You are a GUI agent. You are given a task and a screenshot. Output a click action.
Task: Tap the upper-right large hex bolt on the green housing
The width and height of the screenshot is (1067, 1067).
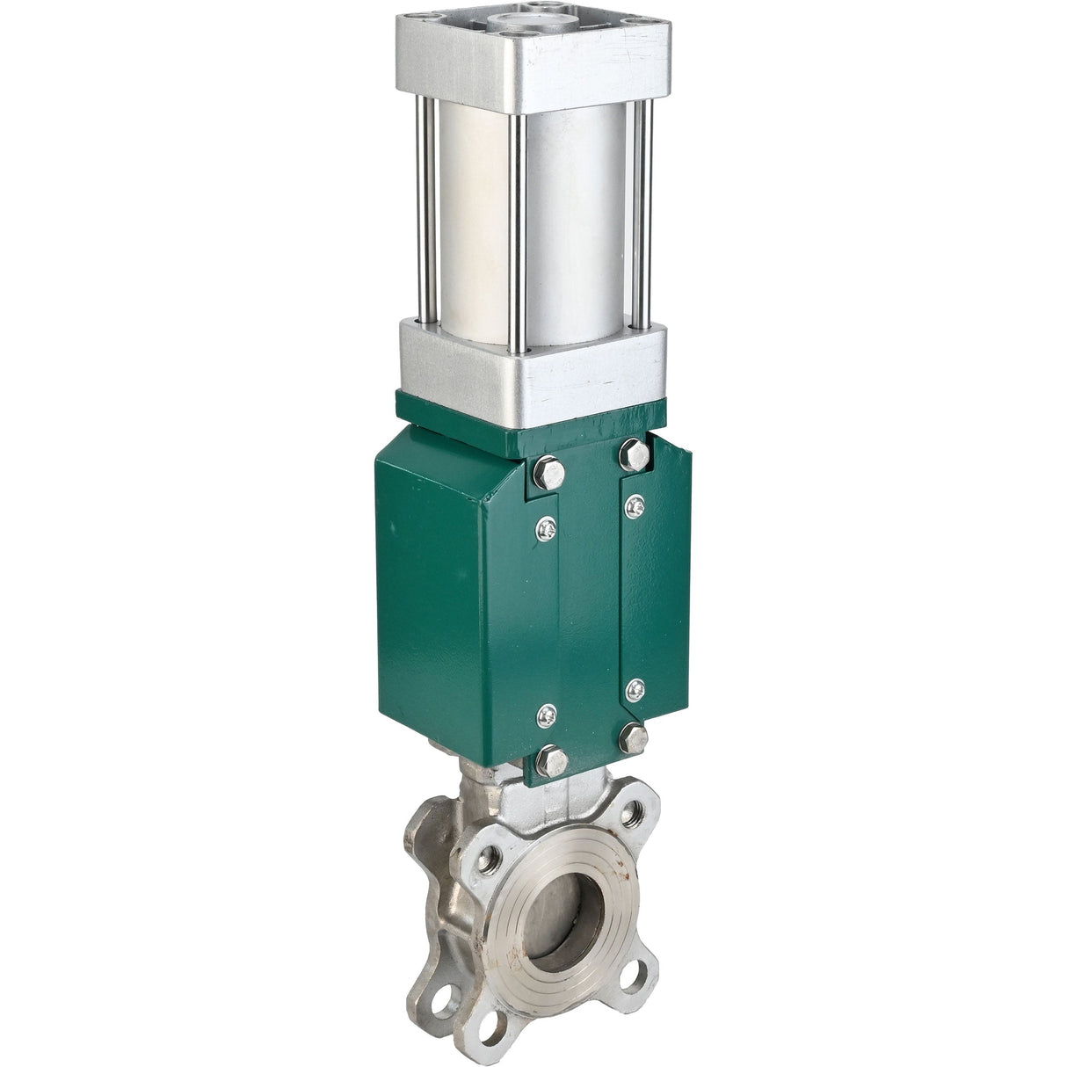coord(635,454)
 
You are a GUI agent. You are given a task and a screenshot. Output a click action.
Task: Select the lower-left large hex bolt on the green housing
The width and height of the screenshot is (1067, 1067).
coord(550,759)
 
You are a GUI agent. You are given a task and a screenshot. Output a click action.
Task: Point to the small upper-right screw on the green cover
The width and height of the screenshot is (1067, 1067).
coord(635,504)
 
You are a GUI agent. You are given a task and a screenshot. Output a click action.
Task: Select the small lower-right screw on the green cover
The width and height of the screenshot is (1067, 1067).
coord(635,689)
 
